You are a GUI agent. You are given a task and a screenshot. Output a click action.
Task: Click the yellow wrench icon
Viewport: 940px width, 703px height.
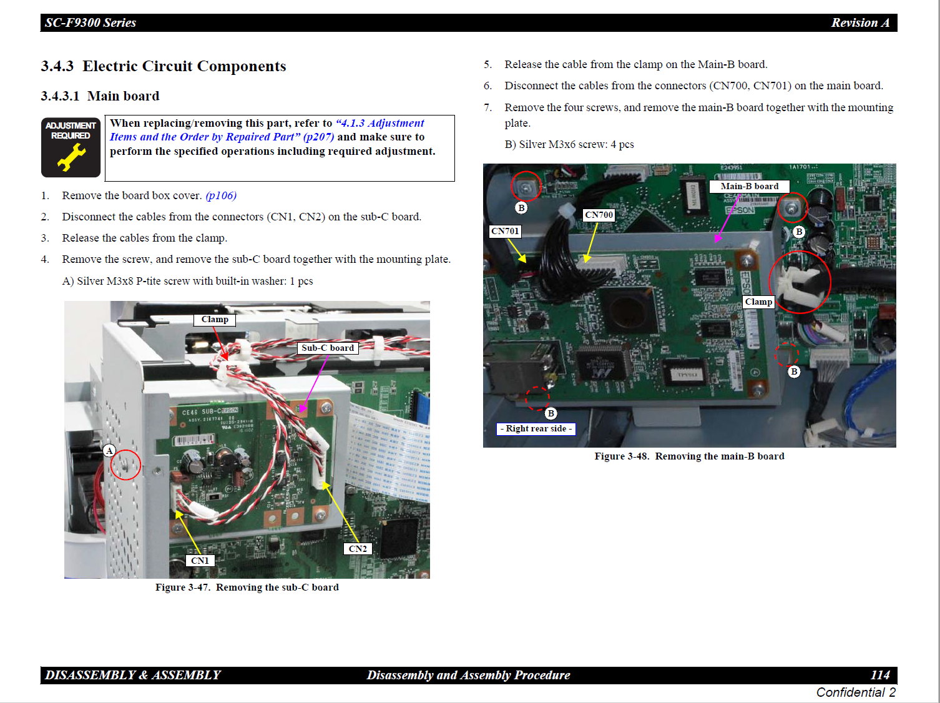pyautogui.click(x=72, y=157)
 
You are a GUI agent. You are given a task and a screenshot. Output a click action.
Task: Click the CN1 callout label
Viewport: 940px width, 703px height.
pyautogui.click(x=200, y=561)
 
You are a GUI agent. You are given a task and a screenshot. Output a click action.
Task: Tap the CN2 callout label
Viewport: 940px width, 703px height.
pyautogui.click(x=358, y=549)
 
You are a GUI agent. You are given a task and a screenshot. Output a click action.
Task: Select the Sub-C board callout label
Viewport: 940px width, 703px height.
pyautogui.click(x=328, y=348)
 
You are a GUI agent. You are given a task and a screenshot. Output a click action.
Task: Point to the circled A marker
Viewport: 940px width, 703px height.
pyautogui.click(x=110, y=451)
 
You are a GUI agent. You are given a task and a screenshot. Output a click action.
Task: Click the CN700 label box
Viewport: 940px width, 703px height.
pyautogui.click(x=599, y=215)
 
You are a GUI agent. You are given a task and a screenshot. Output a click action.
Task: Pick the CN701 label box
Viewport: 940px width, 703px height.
pyautogui.click(x=505, y=232)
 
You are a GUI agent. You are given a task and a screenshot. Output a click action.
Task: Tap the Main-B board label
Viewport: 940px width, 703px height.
pyautogui.click(x=750, y=186)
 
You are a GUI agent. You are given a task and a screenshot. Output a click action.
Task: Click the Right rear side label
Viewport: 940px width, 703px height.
pyautogui.click(x=536, y=429)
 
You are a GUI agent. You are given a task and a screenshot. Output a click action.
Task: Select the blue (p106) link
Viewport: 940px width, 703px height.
pyautogui.click(x=221, y=195)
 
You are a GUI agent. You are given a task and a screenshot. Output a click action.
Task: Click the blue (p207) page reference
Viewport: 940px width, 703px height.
pyautogui.click(x=318, y=137)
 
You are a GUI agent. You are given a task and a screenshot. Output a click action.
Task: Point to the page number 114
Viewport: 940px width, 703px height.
pyautogui.click(x=880, y=675)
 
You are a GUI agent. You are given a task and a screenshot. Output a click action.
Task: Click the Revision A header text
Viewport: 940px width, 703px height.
pyautogui.click(x=860, y=22)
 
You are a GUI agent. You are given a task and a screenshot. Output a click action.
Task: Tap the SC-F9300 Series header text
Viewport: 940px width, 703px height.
pyautogui.click(x=91, y=22)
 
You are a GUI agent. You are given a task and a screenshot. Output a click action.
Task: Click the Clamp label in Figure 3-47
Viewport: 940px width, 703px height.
pyautogui.click(x=215, y=320)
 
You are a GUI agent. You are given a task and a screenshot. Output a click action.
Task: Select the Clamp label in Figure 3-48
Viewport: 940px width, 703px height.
pyautogui.click(x=758, y=302)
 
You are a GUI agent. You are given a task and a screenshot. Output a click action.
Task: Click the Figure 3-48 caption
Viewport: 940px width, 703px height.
pyautogui.click(x=690, y=456)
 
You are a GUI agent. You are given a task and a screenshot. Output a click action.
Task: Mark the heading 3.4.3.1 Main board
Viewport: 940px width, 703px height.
pyautogui.click(x=100, y=96)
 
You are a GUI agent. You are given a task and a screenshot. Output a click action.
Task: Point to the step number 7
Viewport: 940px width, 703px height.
pyautogui.click(x=487, y=107)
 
